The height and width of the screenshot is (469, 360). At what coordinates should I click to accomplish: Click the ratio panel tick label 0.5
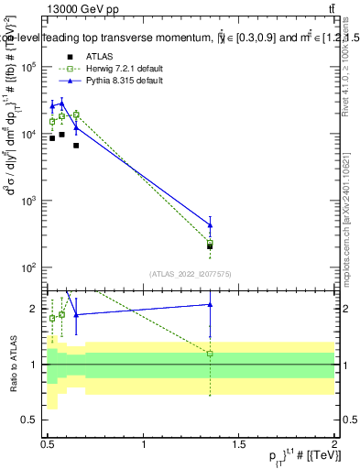click(33, 420)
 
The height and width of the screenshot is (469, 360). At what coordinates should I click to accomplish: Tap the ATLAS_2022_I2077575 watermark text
click(190, 273)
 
